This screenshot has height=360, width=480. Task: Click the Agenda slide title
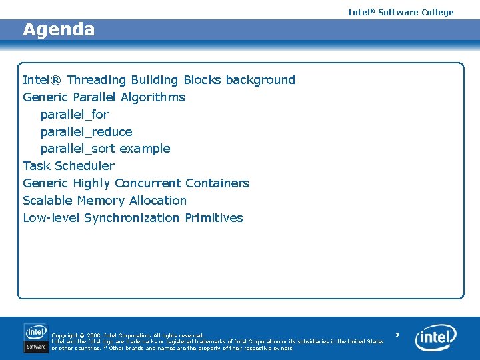coord(59,30)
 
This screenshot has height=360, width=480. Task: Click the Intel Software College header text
coord(400,12)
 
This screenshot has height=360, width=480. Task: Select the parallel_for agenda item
coord(74,115)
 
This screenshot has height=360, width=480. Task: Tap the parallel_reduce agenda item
coord(86,132)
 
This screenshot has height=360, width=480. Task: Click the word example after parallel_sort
coord(145,149)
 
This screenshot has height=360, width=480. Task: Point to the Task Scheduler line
coord(69,166)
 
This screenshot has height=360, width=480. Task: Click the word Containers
coord(217,183)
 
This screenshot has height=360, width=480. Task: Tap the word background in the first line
coord(260,80)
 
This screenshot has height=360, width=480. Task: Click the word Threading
coord(97,80)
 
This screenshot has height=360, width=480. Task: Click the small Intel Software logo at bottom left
coord(36,337)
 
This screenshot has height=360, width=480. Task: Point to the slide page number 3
coord(397,334)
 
